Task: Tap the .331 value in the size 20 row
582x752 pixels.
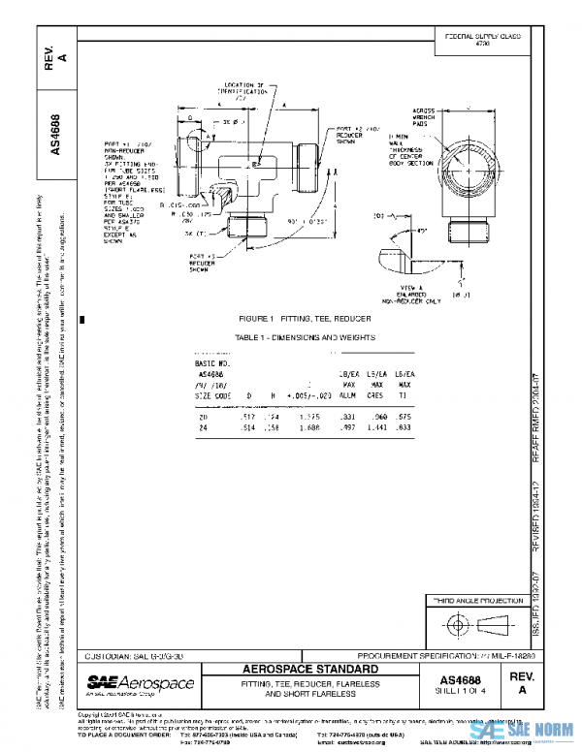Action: [346, 415]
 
